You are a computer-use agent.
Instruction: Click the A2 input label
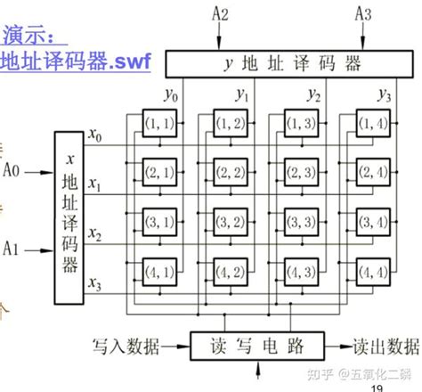pos(219,12)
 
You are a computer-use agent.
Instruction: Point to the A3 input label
pos(363,12)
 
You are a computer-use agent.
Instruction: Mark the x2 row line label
pos(95,238)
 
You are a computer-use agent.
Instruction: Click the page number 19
pos(377,387)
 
